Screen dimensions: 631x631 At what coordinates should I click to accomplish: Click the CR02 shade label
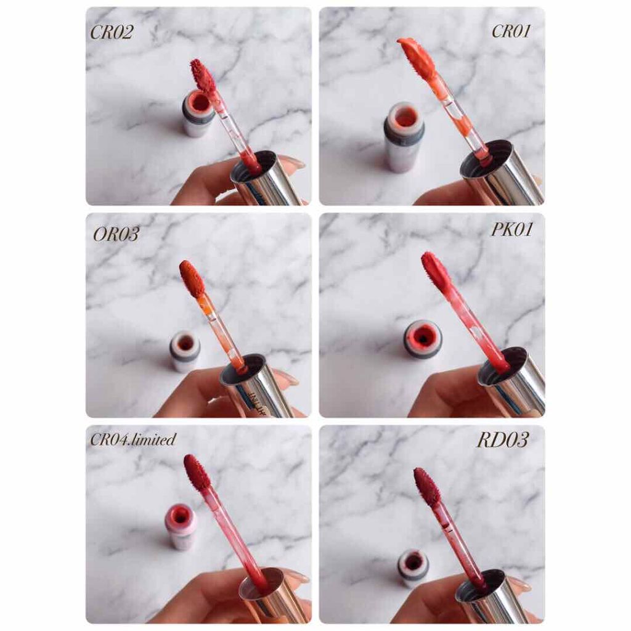(112, 33)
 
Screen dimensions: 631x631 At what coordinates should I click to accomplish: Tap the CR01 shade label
(511, 31)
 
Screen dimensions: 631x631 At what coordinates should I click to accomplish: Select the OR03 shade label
(116, 234)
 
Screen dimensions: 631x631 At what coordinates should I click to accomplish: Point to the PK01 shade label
(512, 229)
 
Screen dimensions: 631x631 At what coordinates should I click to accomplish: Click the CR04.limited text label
(133, 439)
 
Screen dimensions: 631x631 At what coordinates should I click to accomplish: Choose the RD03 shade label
(503, 440)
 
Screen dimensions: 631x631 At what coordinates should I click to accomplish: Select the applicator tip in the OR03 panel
(192, 279)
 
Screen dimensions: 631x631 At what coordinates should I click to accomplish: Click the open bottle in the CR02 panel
(198, 113)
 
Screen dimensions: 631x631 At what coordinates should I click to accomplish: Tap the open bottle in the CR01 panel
(404, 136)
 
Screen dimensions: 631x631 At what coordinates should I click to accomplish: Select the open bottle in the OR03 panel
(185, 351)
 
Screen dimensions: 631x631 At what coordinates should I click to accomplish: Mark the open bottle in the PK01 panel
(423, 339)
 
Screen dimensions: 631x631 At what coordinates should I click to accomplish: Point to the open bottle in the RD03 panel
(413, 568)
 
